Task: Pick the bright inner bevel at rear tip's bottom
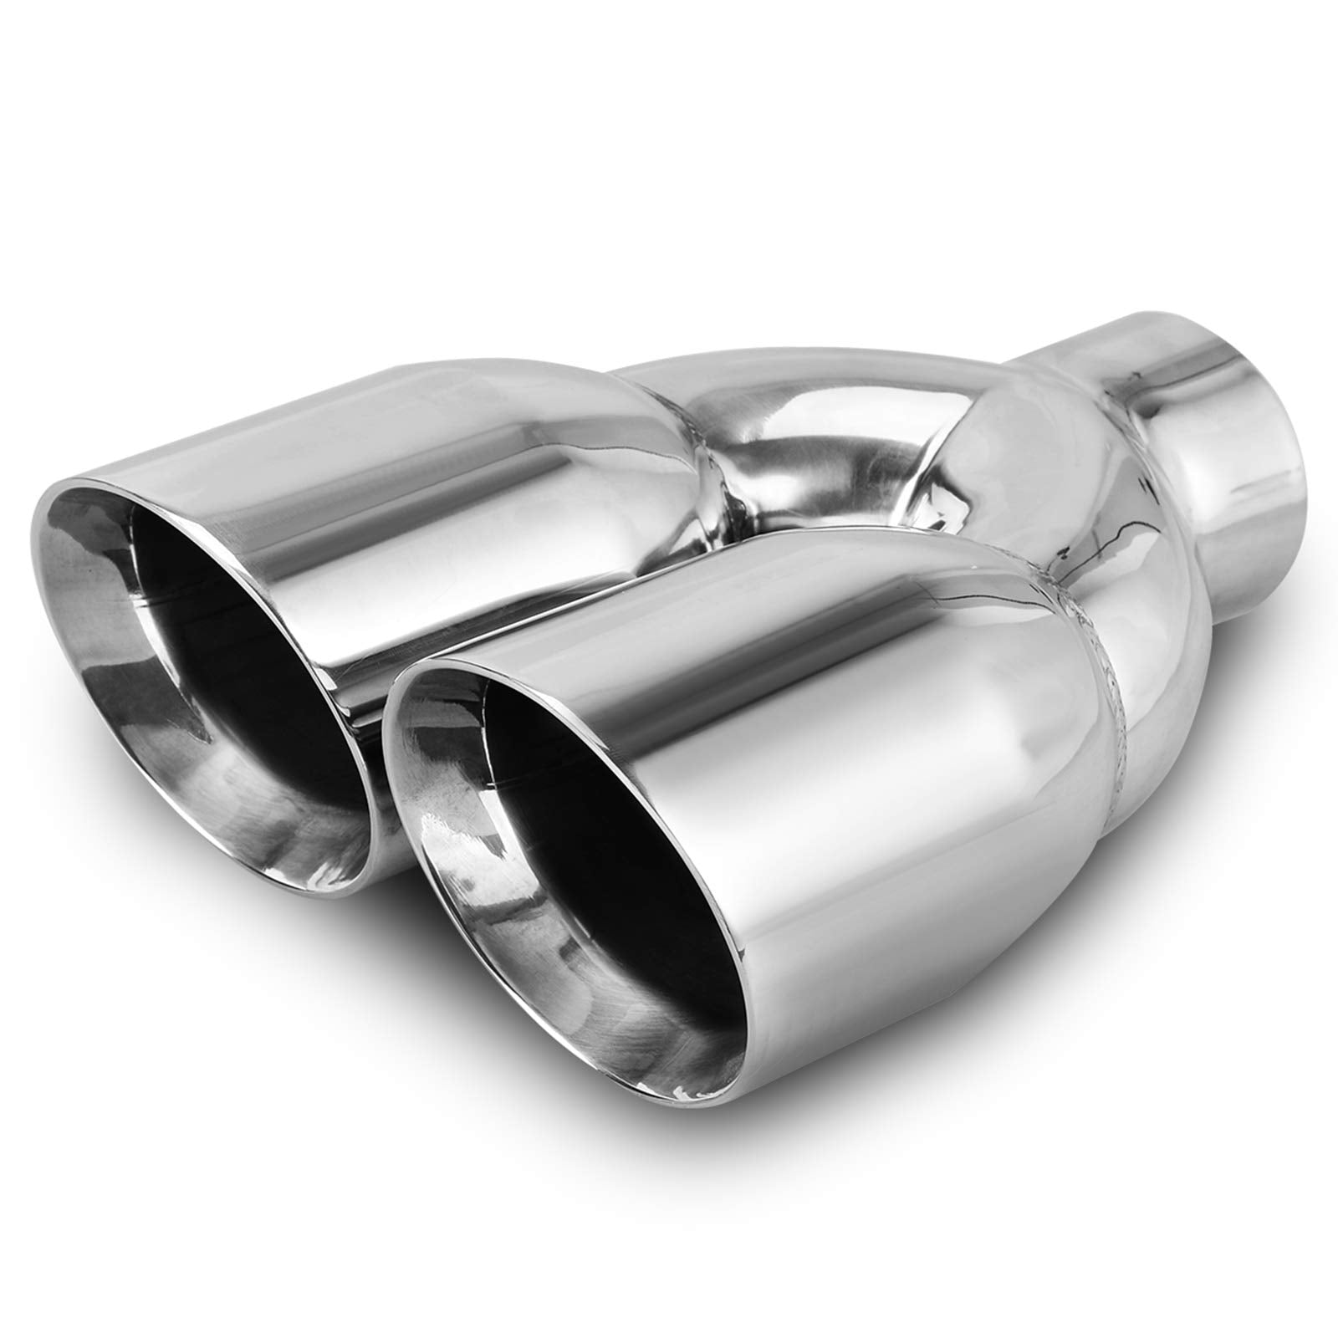[x=276, y=820]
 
